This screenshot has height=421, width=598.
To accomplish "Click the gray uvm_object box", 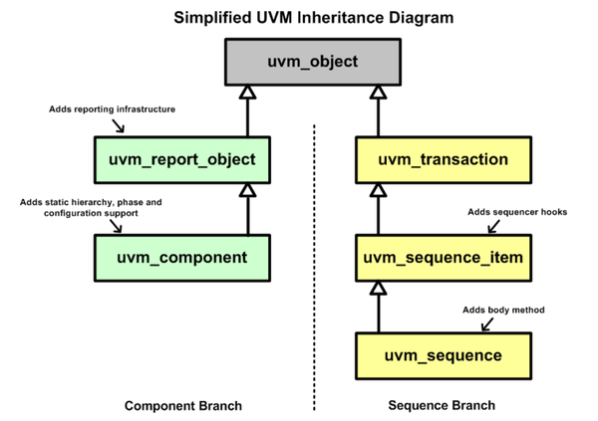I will click(312, 63).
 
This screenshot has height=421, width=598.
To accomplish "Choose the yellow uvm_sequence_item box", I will click(442, 257).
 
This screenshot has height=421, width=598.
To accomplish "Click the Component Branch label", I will click(182, 406).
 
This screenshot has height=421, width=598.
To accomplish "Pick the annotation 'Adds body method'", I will click(503, 310).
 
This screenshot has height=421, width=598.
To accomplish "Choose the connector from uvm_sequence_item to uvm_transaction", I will click(378, 211).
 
